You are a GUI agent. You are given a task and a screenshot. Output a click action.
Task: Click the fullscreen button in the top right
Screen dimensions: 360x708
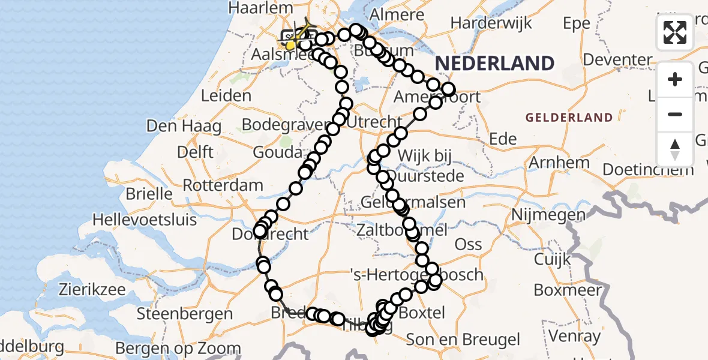[675, 32]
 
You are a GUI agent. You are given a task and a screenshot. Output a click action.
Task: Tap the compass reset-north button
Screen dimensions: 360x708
[675, 148]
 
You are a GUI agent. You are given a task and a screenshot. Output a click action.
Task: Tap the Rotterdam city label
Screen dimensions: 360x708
[223, 185]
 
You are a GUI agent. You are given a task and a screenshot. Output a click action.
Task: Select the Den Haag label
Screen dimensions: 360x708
[184, 127]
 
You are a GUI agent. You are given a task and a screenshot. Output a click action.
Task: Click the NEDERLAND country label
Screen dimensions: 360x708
[494, 64]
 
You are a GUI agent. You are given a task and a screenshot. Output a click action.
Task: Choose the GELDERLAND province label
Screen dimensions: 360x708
[569, 118]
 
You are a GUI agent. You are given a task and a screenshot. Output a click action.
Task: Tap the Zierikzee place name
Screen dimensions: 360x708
[92, 290]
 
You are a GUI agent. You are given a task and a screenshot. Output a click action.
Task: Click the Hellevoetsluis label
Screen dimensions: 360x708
[144, 220]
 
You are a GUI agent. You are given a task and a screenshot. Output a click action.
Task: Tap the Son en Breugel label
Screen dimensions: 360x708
[463, 340]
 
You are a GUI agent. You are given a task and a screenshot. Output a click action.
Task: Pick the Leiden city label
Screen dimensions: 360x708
[226, 96]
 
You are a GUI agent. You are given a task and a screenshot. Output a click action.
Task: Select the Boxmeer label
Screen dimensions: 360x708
[568, 290]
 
